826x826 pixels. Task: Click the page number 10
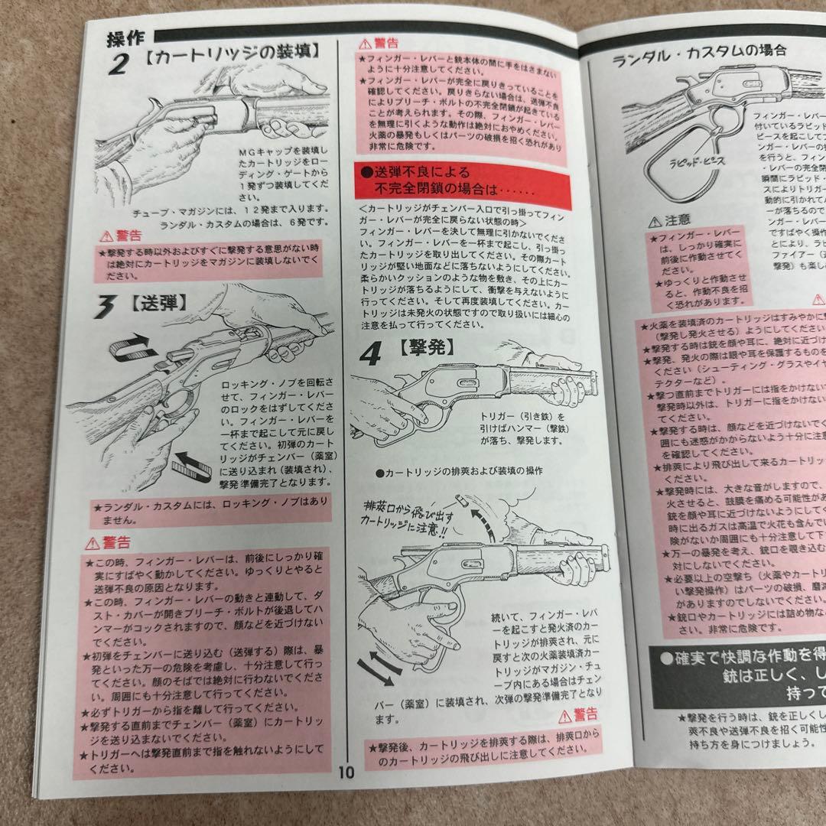[x=346, y=771]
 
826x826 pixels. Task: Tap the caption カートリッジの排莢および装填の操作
[x=458, y=470]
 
